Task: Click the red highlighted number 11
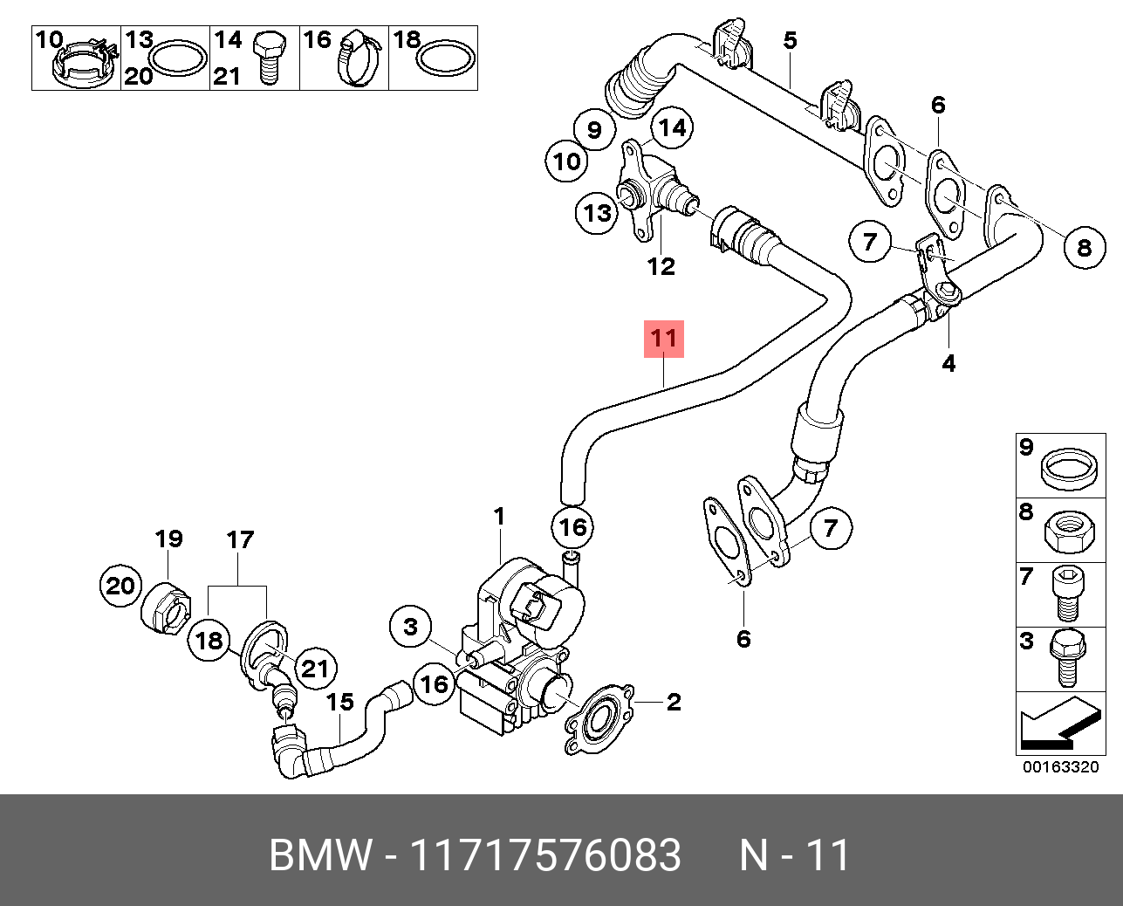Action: pyautogui.click(x=663, y=339)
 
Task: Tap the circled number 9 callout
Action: pyautogui.click(x=594, y=130)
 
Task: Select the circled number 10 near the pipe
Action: pyautogui.click(x=566, y=161)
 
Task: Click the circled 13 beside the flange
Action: pyautogui.click(x=598, y=212)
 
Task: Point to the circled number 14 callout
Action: pyautogui.click(x=671, y=128)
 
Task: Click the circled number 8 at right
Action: pyautogui.click(x=1084, y=247)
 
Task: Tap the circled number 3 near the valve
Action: pyautogui.click(x=411, y=626)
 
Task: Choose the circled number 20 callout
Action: pyautogui.click(x=120, y=586)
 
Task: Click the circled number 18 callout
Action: pyautogui.click(x=209, y=642)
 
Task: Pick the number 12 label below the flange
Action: pyautogui.click(x=661, y=265)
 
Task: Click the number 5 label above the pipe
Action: pyautogui.click(x=790, y=40)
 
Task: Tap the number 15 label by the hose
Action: pyautogui.click(x=340, y=703)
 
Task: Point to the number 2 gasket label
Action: pyautogui.click(x=673, y=702)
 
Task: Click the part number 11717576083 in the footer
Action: pyautogui.click(x=545, y=855)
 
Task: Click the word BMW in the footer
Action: pyautogui.click(x=320, y=855)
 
